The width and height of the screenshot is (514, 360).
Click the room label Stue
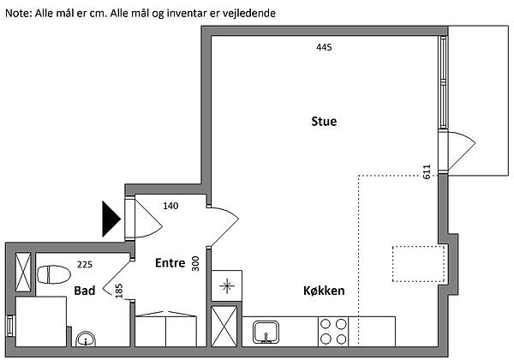tap(324, 122)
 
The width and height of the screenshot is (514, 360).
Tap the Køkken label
tap(324, 291)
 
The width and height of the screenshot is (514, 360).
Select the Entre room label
tap(170, 263)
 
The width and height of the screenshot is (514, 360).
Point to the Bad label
tap(84, 291)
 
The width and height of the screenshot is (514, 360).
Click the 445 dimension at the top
tap(323, 47)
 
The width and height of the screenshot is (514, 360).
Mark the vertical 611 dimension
tap(426, 171)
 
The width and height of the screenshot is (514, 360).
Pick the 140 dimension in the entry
tap(170, 207)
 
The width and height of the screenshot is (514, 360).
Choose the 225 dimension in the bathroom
tap(84, 264)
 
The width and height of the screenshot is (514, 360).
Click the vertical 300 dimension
tap(195, 263)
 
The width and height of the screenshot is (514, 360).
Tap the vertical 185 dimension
tap(118, 291)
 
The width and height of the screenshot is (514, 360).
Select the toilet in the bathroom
tap(54, 274)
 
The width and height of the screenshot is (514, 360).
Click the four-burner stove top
tap(332, 330)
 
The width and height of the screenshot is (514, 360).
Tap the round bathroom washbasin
tap(86, 340)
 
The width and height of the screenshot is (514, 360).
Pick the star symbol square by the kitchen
tap(227, 286)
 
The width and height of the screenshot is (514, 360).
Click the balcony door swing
tap(458, 149)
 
